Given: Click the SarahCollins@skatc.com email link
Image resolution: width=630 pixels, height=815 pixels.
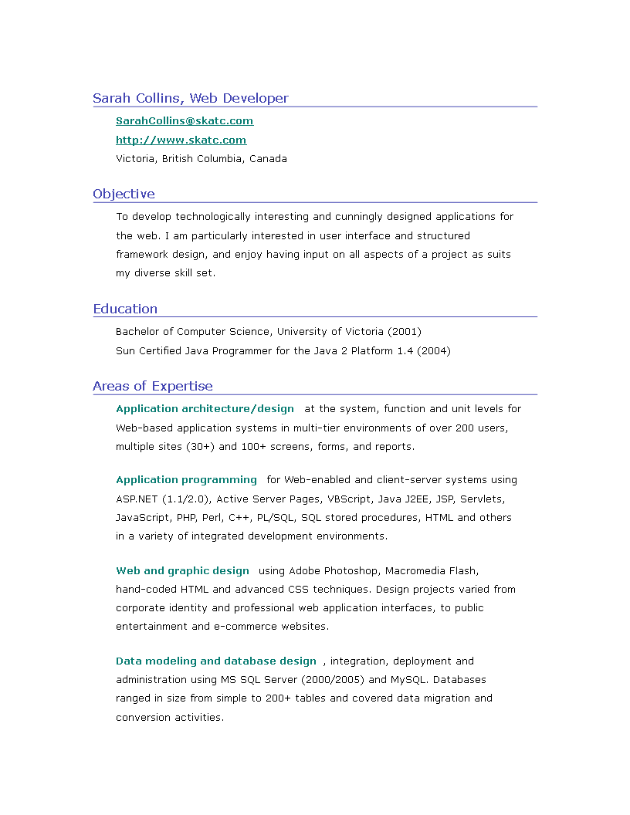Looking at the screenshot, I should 185,121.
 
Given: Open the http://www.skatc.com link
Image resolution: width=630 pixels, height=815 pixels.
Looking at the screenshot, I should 181,140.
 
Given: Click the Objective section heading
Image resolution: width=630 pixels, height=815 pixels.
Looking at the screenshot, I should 124,194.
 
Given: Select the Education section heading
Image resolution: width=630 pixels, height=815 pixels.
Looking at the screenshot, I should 125,309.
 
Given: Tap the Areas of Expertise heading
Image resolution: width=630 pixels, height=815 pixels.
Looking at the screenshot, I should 153,387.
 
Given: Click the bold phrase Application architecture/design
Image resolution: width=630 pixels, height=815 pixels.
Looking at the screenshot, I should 205,409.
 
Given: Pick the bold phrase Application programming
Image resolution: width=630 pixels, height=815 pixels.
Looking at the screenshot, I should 186,480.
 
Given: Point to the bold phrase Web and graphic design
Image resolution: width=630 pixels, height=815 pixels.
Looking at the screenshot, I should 182,571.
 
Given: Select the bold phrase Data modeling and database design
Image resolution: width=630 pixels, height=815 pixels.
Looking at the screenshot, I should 216,661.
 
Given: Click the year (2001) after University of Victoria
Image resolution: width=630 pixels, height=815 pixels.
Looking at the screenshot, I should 405,332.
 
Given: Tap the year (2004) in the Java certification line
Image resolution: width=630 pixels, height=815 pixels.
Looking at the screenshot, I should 434,351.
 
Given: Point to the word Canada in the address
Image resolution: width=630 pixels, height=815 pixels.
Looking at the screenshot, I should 268,159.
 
